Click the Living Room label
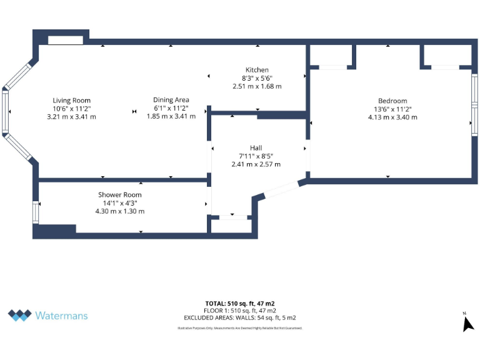(71, 101)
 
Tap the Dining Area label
(171, 100)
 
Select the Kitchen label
(257, 70)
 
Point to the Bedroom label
(392, 101)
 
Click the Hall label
(256, 148)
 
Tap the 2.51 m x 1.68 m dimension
(257, 86)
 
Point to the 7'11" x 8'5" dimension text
(256, 156)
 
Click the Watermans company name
(61, 316)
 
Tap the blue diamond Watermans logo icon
(19, 315)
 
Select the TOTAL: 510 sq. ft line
(241, 304)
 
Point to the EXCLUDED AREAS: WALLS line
(241, 318)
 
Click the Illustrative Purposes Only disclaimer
(241, 327)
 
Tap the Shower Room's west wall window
(36, 211)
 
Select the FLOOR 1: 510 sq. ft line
(241, 311)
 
